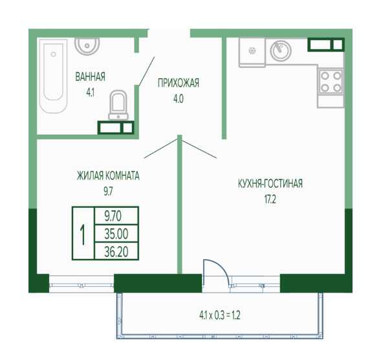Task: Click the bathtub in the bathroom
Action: pyautogui.click(x=53, y=76)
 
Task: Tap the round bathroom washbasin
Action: pyautogui.click(x=87, y=46)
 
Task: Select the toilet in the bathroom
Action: pyautogui.click(x=118, y=105)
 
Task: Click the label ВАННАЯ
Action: pyautogui.click(x=90, y=76)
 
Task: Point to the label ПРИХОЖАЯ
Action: pyautogui.click(x=179, y=83)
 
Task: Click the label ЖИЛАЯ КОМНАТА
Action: pyautogui.click(x=108, y=175)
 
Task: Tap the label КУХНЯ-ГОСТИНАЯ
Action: pyautogui.click(x=270, y=184)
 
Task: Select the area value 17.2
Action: pyautogui.click(x=270, y=199)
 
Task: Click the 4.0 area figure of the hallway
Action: pyautogui.click(x=179, y=99)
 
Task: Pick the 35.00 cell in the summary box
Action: pyautogui.click(x=116, y=234)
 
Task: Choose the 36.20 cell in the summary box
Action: pyautogui.click(x=116, y=252)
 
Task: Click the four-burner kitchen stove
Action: pyautogui.click(x=331, y=82)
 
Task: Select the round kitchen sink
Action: pyautogui.click(x=281, y=51)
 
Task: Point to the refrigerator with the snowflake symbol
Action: pyautogui.click(x=252, y=52)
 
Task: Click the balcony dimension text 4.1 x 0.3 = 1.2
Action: pyautogui.click(x=220, y=315)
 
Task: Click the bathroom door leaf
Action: pyautogui.click(x=147, y=71)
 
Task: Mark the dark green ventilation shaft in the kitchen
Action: pyautogui.click(x=326, y=45)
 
